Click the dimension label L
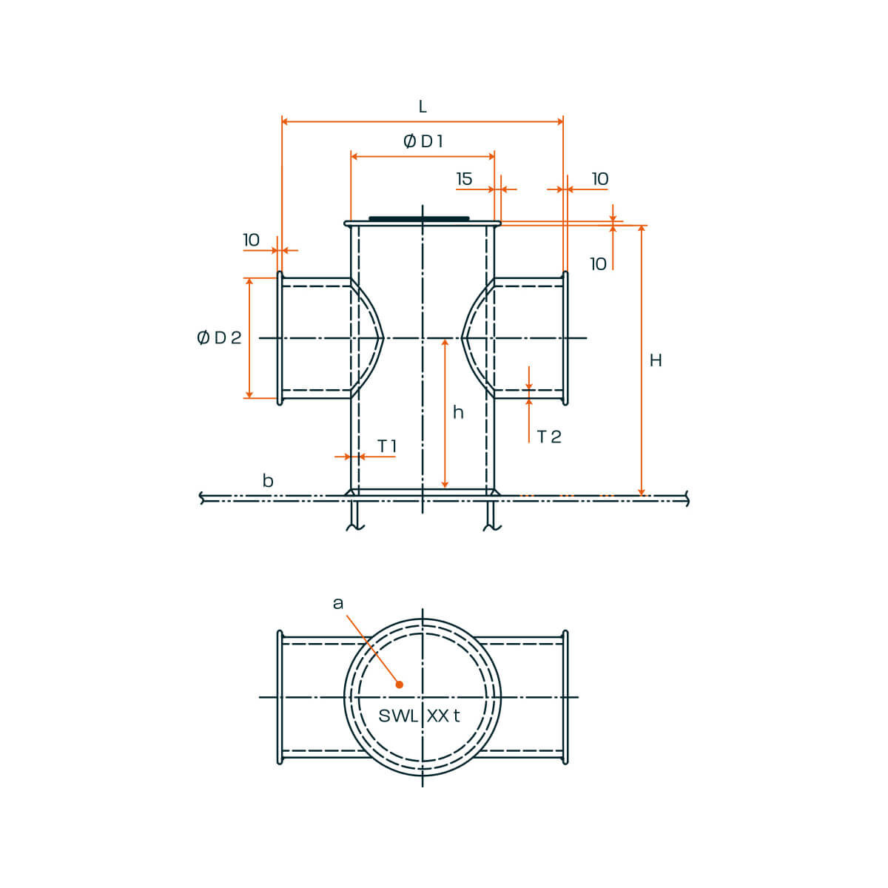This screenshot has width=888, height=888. click(422, 107)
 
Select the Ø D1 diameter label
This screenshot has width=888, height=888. click(423, 141)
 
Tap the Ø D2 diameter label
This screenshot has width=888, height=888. click(219, 337)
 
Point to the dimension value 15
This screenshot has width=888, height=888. click(464, 179)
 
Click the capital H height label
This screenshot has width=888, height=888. click(656, 360)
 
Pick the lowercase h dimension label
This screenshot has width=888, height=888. click(457, 412)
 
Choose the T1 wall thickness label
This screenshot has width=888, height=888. click(386, 446)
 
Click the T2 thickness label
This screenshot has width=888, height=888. click(549, 437)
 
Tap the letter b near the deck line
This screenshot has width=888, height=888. click(268, 481)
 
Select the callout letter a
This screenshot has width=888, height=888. click(338, 603)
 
